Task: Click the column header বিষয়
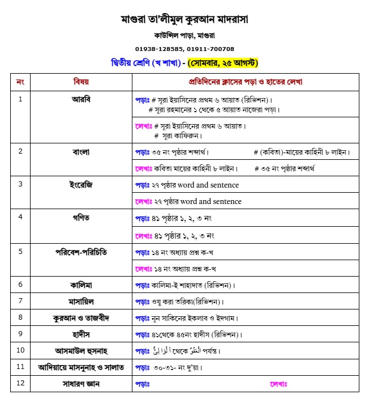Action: click(81, 82)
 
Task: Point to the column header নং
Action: click(20, 82)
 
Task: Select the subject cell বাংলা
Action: click(81, 152)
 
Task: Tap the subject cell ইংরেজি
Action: click(81, 185)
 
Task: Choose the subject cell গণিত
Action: click(81, 218)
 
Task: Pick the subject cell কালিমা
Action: click(81, 285)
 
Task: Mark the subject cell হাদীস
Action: click(81, 334)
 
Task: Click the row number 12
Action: click(20, 384)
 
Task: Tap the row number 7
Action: click(20, 301)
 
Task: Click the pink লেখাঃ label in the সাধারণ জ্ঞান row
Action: click(279, 384)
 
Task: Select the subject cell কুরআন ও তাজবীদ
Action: click(81, 317)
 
